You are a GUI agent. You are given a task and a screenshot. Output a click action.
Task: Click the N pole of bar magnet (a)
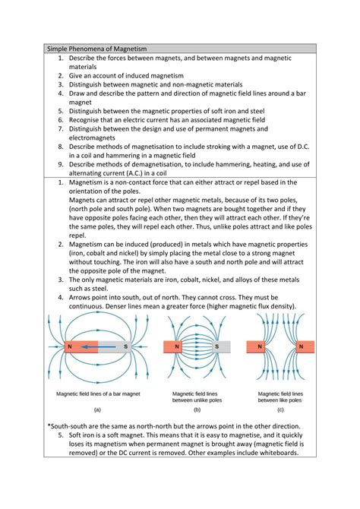click(70, 346)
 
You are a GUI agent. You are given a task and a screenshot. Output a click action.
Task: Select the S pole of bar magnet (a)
click(125, 346)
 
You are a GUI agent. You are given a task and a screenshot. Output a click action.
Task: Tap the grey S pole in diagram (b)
click(216, 346)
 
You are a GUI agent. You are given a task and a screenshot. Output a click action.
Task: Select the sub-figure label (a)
click(97, 409)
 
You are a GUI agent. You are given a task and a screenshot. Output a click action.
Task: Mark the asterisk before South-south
click(48, 425)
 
